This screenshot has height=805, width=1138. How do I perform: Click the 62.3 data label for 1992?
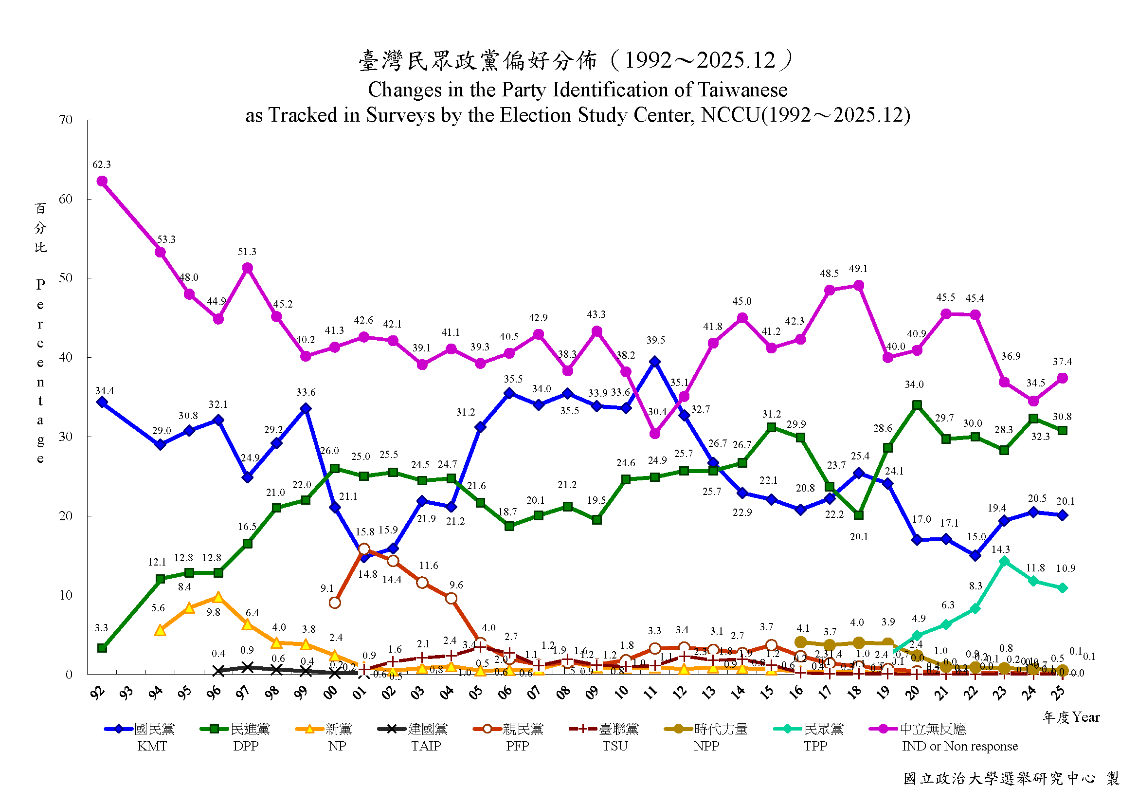coord(102,165)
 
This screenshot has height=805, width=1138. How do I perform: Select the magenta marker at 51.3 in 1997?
coord(247,268)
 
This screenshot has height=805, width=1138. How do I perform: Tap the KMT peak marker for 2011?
coord(655,362)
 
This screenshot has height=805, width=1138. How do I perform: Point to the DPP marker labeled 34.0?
coord(917,405)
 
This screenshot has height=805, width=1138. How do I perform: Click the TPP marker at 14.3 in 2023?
coord(1004,561)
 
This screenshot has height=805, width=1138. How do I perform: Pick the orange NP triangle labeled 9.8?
coord(218,597)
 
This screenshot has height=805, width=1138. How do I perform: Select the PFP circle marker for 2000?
coord(335,603)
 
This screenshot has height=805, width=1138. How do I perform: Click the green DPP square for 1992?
coord(102,648)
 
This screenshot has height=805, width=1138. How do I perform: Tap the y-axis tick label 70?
coord(65,120)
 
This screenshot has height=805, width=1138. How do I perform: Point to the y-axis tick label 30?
coord(65,437)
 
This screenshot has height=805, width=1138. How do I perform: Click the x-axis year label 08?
coord(563,693)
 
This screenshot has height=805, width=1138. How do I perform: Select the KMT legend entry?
coord(140,736)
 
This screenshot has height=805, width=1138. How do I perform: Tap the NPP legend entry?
coord(706,736)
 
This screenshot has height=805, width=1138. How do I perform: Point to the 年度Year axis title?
coord(1070,717)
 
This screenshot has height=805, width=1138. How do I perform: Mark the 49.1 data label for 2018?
coord(858,269)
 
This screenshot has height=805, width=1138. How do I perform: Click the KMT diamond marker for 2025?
coord(1062,515)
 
